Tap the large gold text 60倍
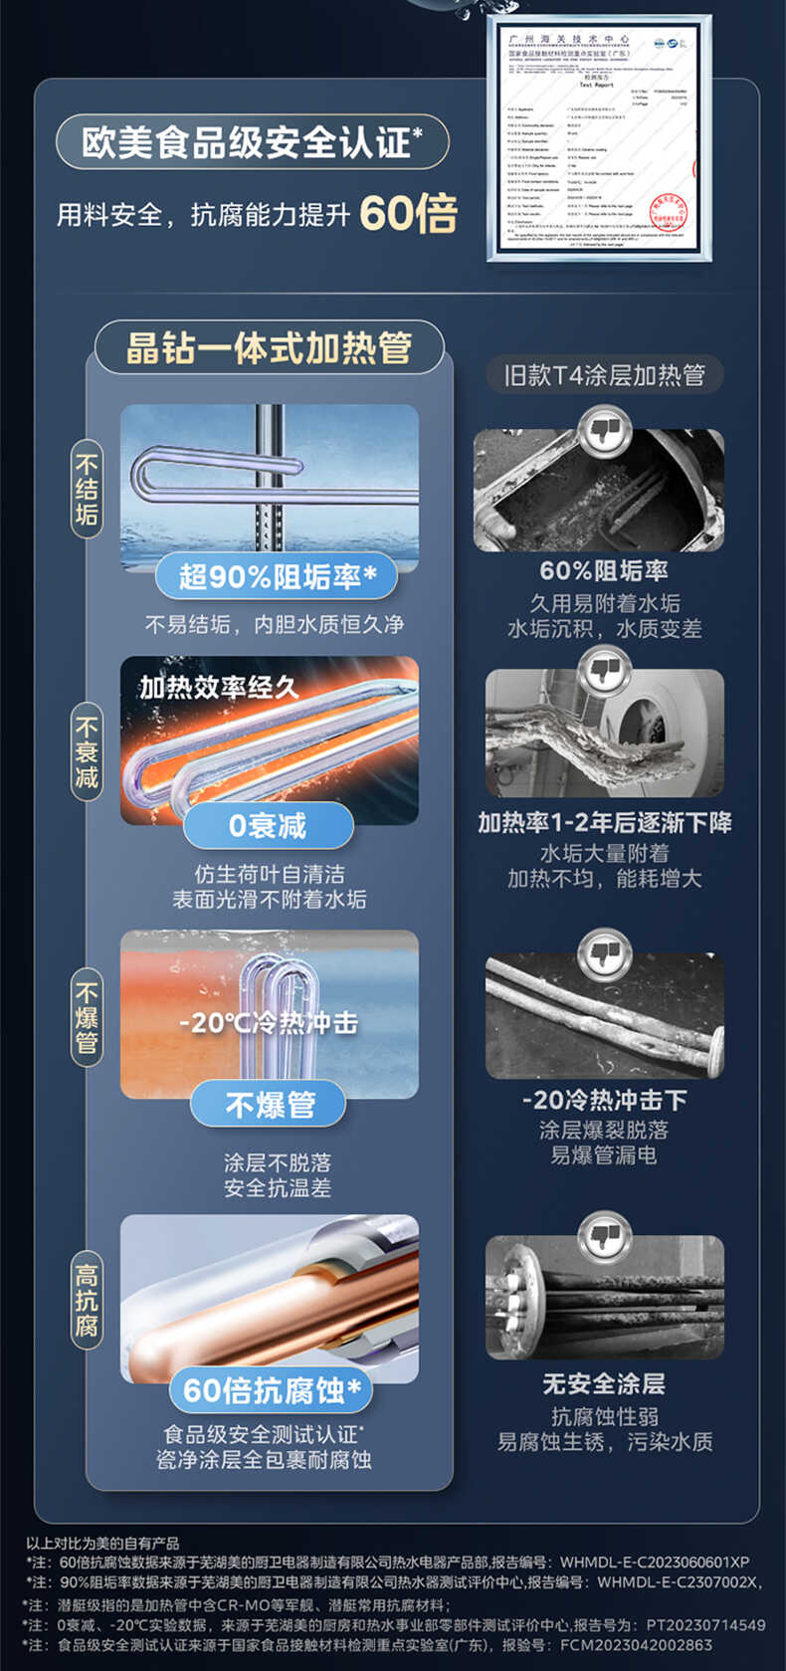(408, 213)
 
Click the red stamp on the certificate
(668, 213)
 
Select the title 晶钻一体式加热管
(269, 348)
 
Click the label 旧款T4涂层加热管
(604, 375)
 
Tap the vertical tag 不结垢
(88, 490)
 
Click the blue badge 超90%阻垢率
(277, 576)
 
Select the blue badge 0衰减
(268, 825)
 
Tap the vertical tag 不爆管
(88, 1017)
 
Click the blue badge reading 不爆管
(270, 1105)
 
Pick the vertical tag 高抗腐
(88, 1300)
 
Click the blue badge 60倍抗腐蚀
(271, 1390)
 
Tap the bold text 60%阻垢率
(604, 570)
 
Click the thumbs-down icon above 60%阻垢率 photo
(604, 432)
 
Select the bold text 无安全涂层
(604, 1383)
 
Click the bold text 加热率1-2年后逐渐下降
(604, 823)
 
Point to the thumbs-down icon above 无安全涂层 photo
(604, 1237)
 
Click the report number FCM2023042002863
(636, 1645)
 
